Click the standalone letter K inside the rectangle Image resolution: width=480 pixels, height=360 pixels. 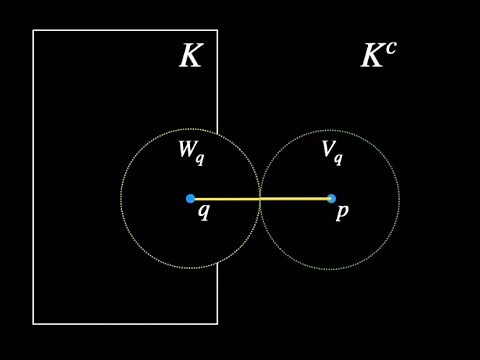click(x=190, y=57)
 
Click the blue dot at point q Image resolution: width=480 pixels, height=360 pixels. click(x=190, y=199)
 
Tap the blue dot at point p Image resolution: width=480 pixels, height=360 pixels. click(x=331, y=199)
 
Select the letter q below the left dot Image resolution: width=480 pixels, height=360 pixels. click(x=203, y=212)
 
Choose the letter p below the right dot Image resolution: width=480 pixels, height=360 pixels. click(x=342, y=213)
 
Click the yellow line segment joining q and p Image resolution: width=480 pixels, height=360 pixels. click(x=290, y=199)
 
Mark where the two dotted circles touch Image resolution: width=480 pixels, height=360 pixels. click(x=260, y=199)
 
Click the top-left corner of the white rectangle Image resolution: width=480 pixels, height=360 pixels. click(x=33, y=30)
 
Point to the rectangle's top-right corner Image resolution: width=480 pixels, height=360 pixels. click(x=217, y=30)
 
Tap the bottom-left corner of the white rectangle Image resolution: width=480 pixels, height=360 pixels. click(x=33, y=324)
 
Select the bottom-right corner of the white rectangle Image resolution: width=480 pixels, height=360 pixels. click(x=217, y=324)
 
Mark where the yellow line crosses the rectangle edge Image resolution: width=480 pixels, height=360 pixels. click(x=217, y=199)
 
